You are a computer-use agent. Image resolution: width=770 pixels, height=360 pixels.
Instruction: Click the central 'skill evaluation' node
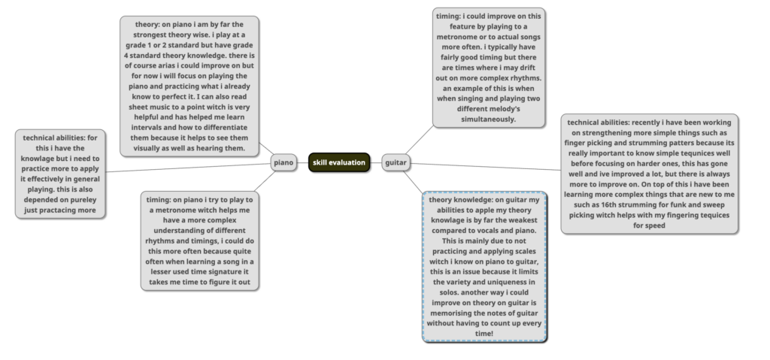click(339, 162)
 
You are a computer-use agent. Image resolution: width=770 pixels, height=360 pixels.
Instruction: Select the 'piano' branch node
click(283, 162)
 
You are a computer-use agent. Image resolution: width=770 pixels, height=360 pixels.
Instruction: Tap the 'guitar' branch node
click(396, 162)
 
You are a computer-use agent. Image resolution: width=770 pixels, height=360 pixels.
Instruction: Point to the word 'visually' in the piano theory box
click(150, 148)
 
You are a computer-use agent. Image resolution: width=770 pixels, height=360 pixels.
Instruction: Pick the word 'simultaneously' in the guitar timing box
click(488, 119)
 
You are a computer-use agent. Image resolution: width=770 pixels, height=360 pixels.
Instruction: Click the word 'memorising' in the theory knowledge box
click(450, 313)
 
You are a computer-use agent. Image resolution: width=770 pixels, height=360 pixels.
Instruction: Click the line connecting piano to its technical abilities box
click(189, 168)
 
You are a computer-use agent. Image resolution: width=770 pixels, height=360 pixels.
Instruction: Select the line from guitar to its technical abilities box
click(486, 167)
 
